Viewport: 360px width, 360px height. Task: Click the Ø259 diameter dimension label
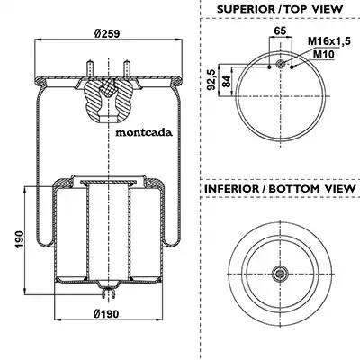[x=107, y=33]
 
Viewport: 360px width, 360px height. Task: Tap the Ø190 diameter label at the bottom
[x=106, y=314]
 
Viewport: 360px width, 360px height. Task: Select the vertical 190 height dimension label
[x=20, y=239]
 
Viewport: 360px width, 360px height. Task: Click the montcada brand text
[x=144, y=132]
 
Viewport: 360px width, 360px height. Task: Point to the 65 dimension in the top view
[x=280, y=31]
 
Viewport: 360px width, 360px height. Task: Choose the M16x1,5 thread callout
[x=329, y=41]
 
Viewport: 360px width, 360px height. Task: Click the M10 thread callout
[x=324, y=54]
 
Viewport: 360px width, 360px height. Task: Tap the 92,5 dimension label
[x=211, y=79]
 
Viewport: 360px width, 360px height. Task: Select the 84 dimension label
[x=227, y=81]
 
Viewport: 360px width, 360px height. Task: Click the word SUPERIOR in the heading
[x=246, y=9]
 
